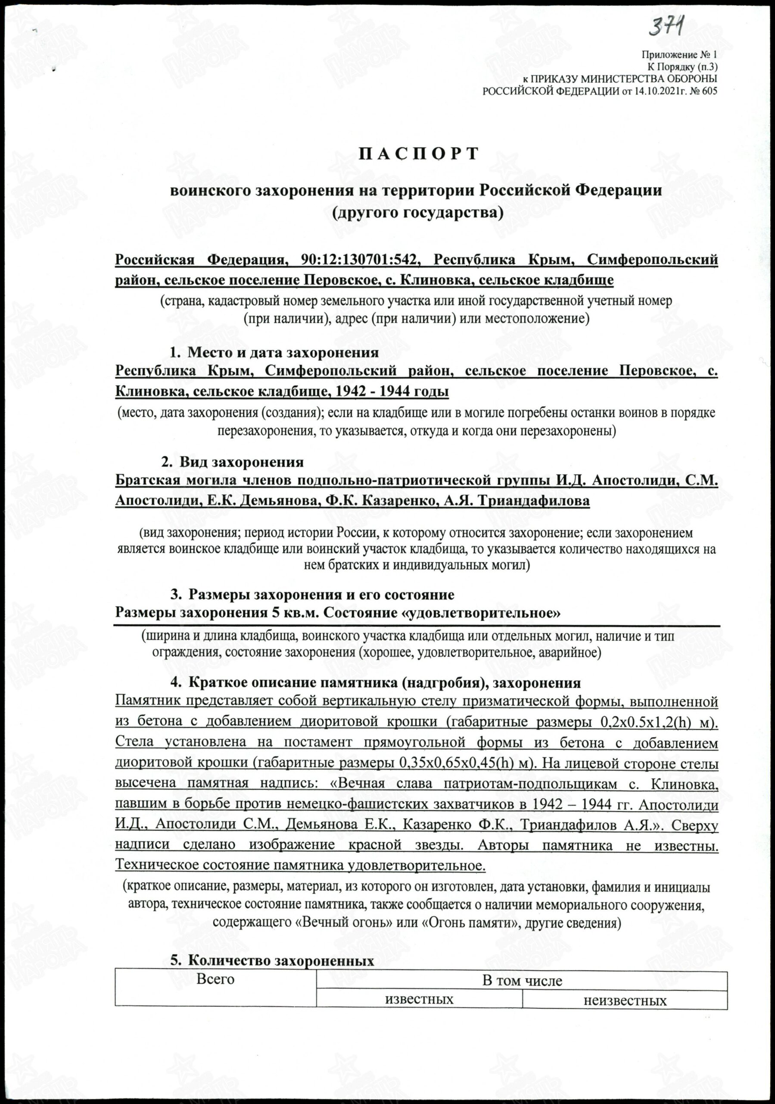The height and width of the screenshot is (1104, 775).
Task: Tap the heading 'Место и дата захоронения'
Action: [283, 352]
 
